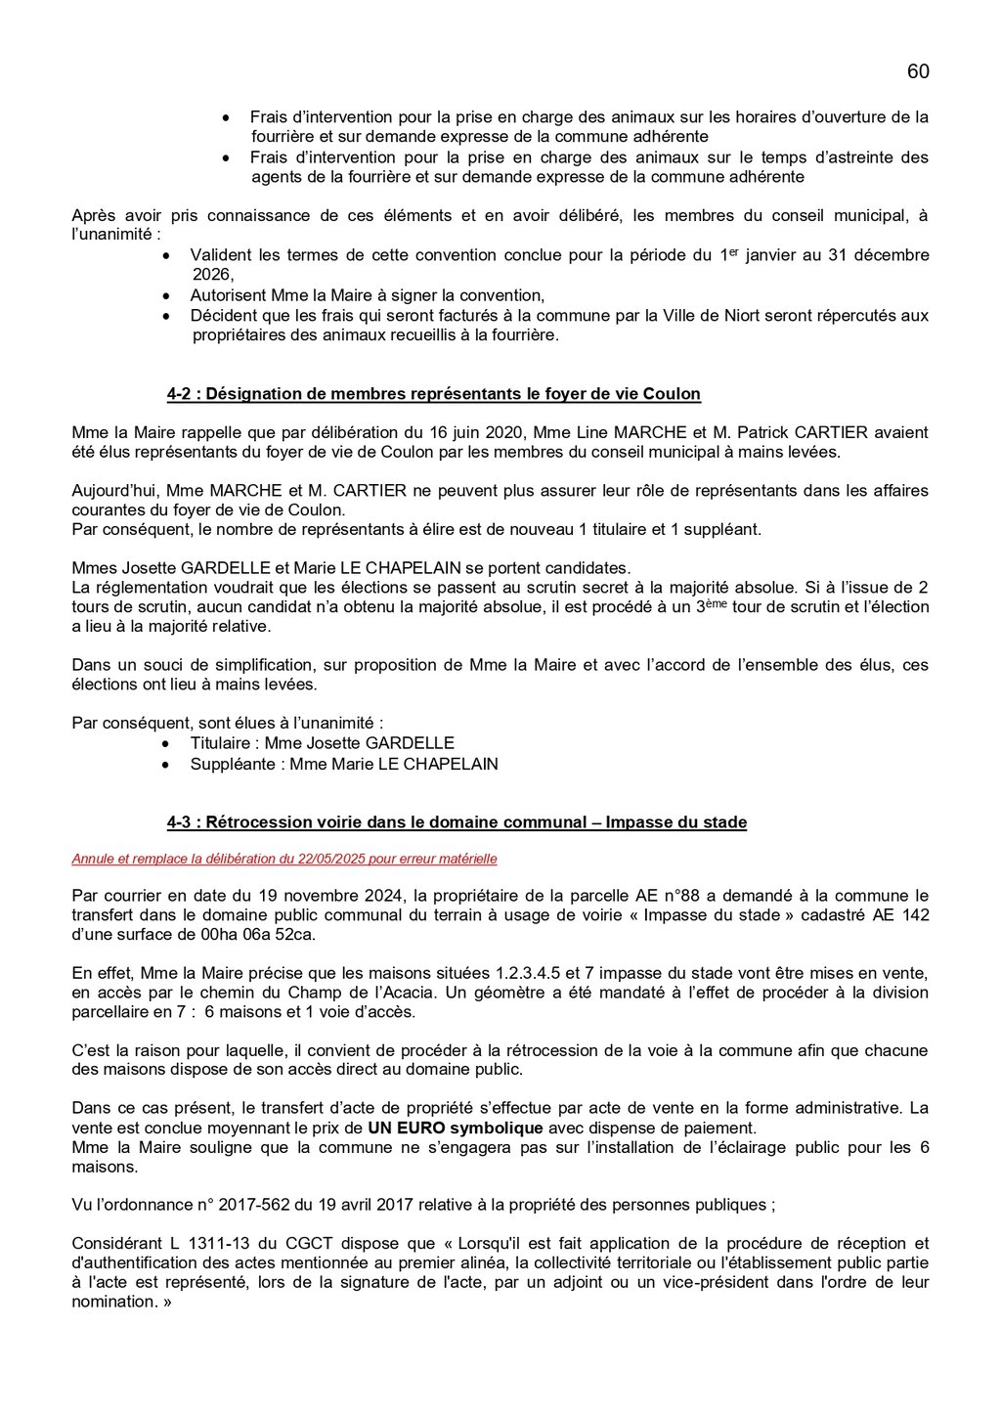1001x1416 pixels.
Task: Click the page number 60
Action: click(x=917, y=71)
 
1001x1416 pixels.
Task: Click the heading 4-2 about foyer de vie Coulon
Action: click(x=433, y=394)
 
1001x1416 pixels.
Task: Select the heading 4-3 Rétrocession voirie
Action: click(x=457, y=822)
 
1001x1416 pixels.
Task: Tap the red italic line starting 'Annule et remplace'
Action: click(x=283, y=859)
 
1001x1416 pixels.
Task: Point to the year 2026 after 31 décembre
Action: click(x=211, y=275)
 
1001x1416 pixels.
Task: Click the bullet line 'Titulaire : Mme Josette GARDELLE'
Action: click(x=322, y=743)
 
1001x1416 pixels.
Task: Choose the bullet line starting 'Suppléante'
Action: click(x=343, y=764)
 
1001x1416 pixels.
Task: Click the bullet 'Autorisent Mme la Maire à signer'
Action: click(x=367, y=295)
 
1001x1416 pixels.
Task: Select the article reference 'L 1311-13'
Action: click(x=210, y=1243)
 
